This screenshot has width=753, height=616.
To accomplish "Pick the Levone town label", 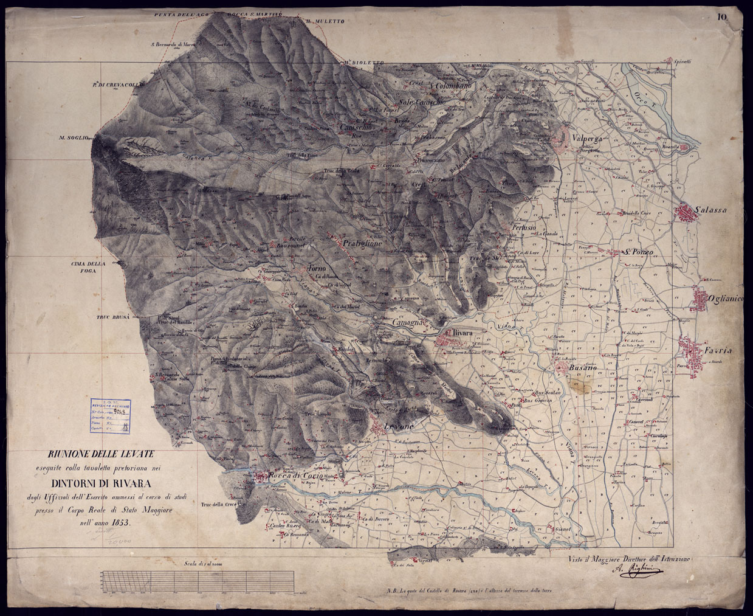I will tap(399, 427).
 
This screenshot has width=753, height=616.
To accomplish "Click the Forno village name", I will tap(317, 269).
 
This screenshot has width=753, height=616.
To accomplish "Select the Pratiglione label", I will tap(363, 243).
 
